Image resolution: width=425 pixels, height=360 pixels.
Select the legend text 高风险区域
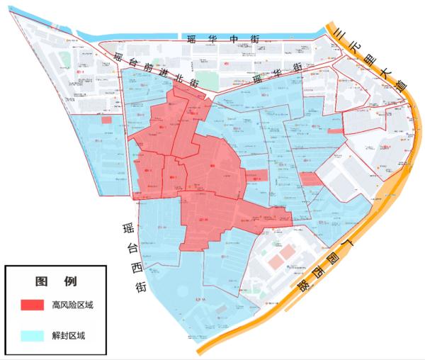[x=72, y=305]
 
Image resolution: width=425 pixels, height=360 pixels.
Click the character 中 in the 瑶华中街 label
[x=227, y=40]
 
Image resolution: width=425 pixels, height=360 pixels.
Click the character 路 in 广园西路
[x=302, y=287]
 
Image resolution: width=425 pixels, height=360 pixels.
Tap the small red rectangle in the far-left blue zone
[x=106, y=120]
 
